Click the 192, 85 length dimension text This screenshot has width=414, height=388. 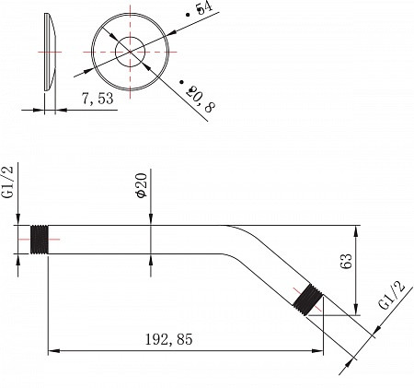click(x=168, y=339)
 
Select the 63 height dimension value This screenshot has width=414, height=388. click(x=347, y=262)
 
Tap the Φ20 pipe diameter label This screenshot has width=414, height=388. click(x=142, y=185)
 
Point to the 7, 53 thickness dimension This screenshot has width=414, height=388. click(x=98, y=99)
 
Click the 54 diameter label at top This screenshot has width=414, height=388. click(x=204, y=8)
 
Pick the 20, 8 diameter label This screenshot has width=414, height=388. click(x=200, y=99)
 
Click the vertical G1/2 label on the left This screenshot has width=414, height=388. click(x=8, y=182)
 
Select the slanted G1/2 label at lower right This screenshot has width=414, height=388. click(x=392, y=295)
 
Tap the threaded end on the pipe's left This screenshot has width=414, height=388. click(x=40, y=240)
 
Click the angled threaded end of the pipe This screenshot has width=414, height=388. click(x=307, y=300)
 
